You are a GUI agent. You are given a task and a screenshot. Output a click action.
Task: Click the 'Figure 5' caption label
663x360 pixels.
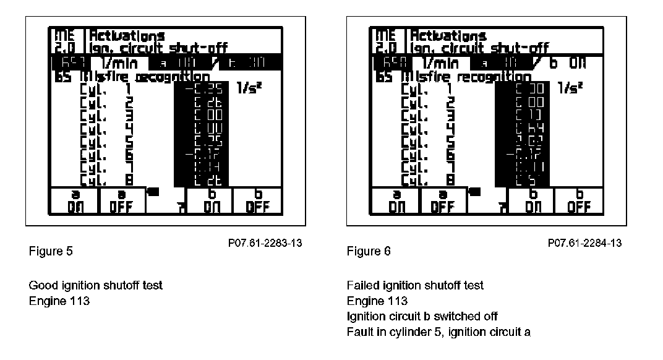(47, 251)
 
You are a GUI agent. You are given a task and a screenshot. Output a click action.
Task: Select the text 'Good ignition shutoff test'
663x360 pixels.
(96, 285)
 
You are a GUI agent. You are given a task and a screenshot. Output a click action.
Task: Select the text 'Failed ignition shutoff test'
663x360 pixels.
(415, 285)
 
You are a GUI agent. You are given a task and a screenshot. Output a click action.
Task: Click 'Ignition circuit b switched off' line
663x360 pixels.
(422, 316)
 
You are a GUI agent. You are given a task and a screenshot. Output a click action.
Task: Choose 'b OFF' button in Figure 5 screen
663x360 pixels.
(255, 200)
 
